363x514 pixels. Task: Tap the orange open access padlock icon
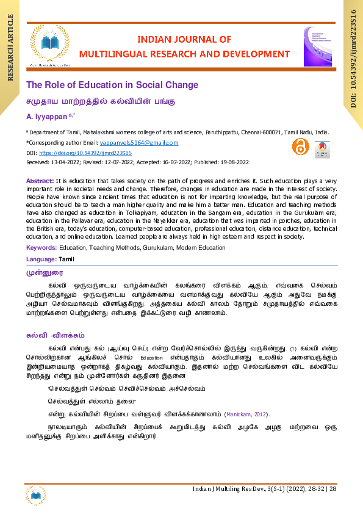click(x=300, y=147)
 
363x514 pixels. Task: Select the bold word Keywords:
click(x=41, y=248)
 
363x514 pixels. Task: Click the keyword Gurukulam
click(x=157, y=248)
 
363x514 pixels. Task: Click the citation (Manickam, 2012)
click(x=245, y=414)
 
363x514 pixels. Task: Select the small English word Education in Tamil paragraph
click(x=152, y=358)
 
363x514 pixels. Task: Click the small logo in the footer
click(x=35, y=494)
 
